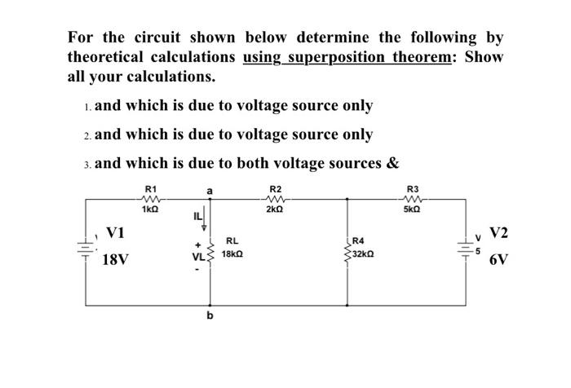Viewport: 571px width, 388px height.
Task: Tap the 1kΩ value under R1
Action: (150, 209)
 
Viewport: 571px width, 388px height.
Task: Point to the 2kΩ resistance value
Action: (276, 209)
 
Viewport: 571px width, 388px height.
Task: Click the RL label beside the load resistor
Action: (232, 241)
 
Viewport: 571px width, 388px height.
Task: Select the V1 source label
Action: (116, 233)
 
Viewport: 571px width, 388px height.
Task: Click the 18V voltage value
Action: (116, 261)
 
